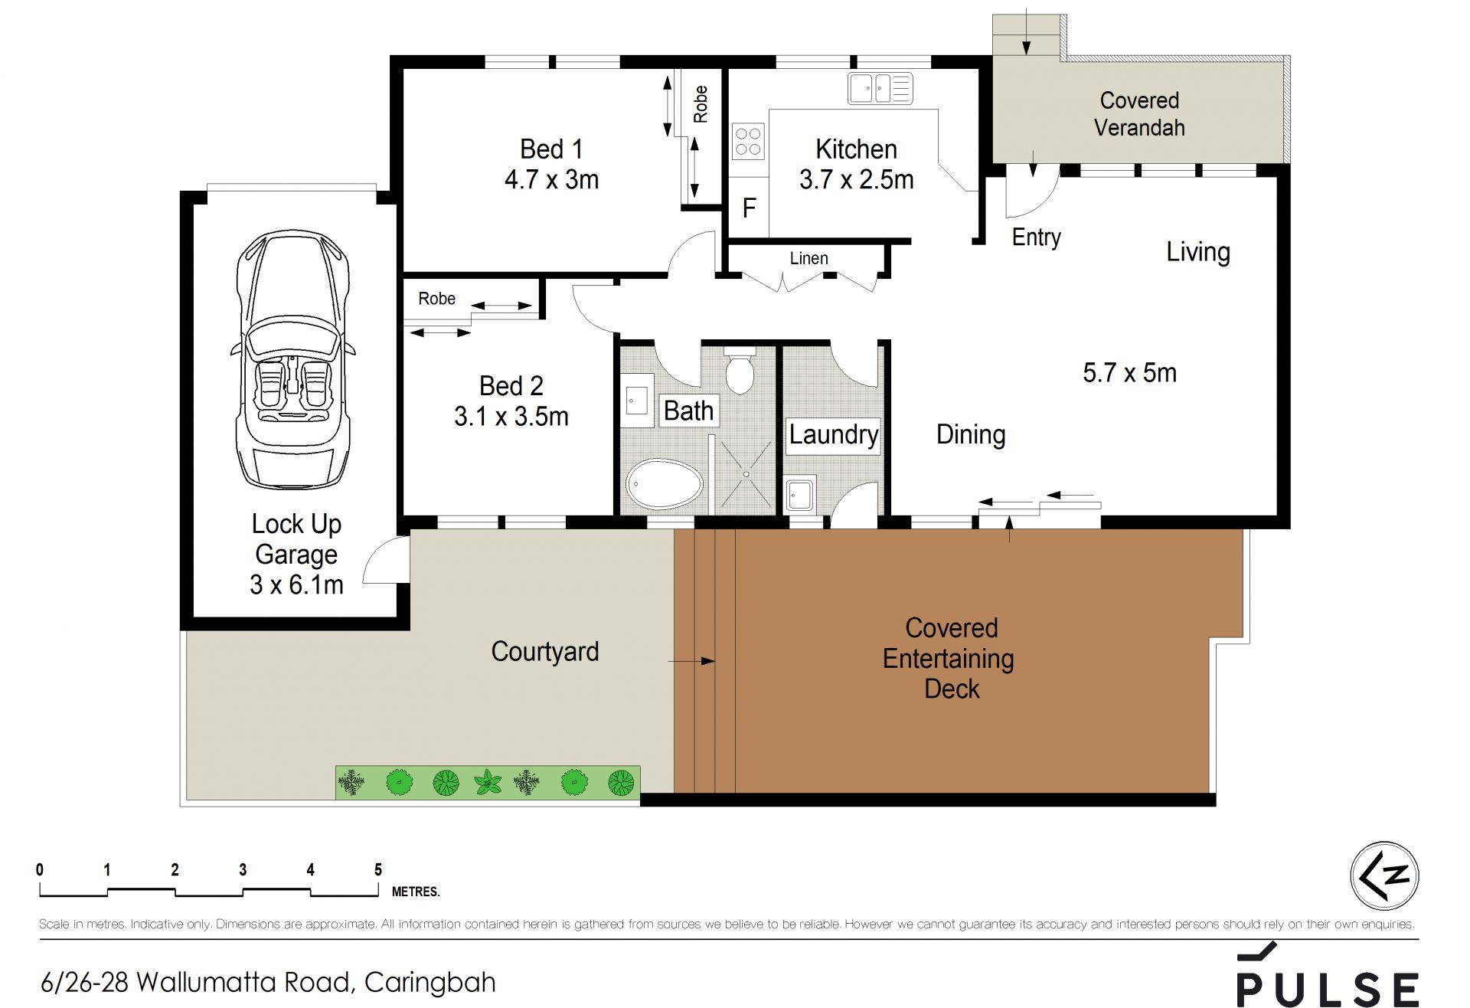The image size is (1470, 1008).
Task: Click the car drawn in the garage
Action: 293,358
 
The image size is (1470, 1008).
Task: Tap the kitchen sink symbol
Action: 880,88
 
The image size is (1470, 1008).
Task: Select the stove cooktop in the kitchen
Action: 748,142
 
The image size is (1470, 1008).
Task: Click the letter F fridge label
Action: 749,208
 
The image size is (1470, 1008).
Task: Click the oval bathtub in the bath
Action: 664,484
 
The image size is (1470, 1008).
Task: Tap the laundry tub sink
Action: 800,495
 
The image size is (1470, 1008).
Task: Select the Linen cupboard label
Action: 808,258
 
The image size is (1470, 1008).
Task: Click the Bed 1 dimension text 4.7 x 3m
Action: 551,179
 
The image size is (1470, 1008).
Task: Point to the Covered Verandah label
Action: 1139,113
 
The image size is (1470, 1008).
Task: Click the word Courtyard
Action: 544,651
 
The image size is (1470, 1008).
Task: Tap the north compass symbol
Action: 1384,875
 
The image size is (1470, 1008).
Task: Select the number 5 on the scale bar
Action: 378,869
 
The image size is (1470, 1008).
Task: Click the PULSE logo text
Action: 1328,989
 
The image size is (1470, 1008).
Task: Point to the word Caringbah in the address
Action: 430,983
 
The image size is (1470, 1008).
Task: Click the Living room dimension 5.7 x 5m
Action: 1129,372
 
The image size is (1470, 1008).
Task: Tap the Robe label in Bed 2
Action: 436,299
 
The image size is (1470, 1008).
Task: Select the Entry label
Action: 1036,237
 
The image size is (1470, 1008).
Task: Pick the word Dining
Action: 971,434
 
